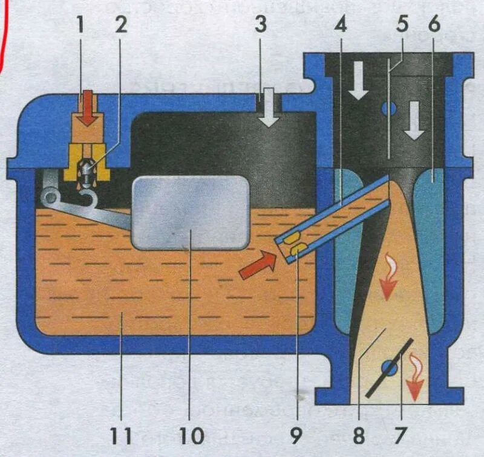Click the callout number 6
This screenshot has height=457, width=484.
pos(434,25)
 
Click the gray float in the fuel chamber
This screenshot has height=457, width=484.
pos(190,213)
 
